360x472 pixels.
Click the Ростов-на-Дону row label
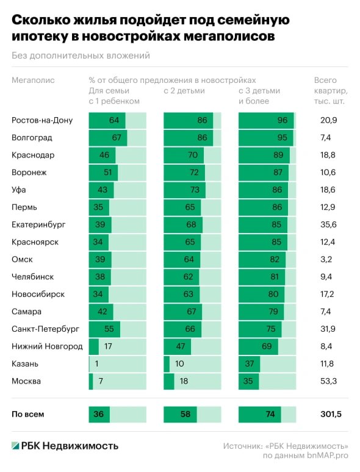pos(42,120)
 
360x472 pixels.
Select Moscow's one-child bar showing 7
pos(91,381)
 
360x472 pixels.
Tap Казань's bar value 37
pos(250,363)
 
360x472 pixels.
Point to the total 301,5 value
pos(331,414)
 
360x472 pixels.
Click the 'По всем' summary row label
pos(27,414)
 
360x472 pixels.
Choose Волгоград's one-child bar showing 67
pos(108,138)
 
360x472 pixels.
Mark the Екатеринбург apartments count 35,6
pos(328,224)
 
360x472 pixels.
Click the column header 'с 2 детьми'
pos(184,91)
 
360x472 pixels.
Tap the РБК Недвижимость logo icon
pos(15,446)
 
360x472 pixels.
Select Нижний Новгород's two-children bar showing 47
pos(177,346)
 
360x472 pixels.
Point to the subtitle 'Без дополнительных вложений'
pos(81,55)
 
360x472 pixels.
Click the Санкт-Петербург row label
pos(46,329)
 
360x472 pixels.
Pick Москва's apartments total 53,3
pos(328,381)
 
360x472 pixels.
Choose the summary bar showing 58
pos(180,414)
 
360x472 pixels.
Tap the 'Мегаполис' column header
pos(33,80)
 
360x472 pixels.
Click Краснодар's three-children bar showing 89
pos(264,156)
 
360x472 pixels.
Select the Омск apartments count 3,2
pos(326,260)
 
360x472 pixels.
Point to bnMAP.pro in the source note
pos(328,456)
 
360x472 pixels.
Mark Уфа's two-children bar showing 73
pos(185,190)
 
